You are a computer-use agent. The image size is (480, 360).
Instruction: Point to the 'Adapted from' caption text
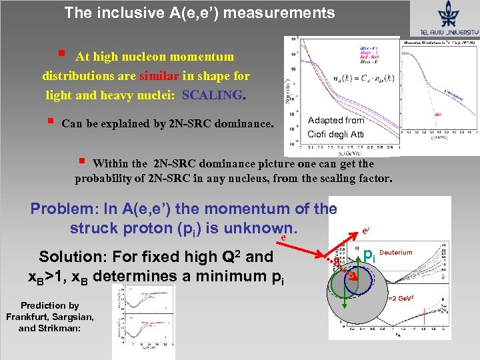click(336, 121)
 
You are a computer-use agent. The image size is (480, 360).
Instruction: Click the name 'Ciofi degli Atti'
click(336, 135)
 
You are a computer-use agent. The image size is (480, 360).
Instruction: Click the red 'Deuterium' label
click(397, 253)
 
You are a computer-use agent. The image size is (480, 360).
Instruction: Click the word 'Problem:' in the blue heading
click(61, 209)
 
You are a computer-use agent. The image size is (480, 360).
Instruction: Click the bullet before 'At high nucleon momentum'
click(61, 54)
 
